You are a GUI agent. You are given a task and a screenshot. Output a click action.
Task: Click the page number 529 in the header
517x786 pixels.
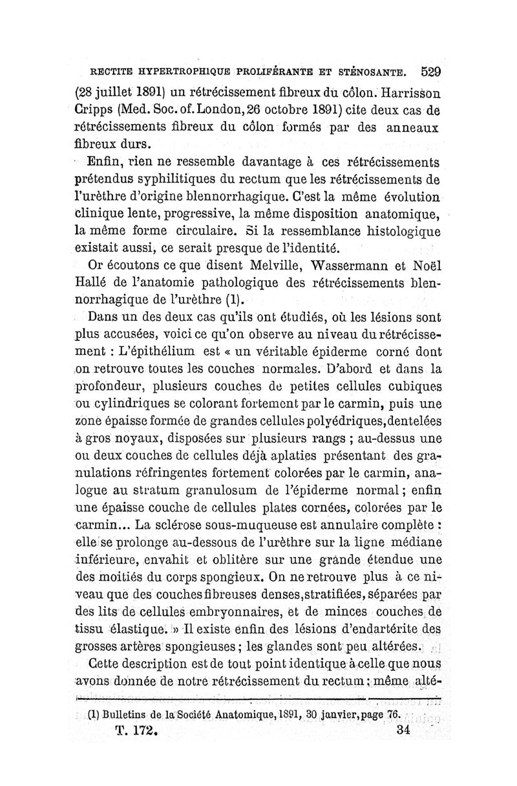429,71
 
